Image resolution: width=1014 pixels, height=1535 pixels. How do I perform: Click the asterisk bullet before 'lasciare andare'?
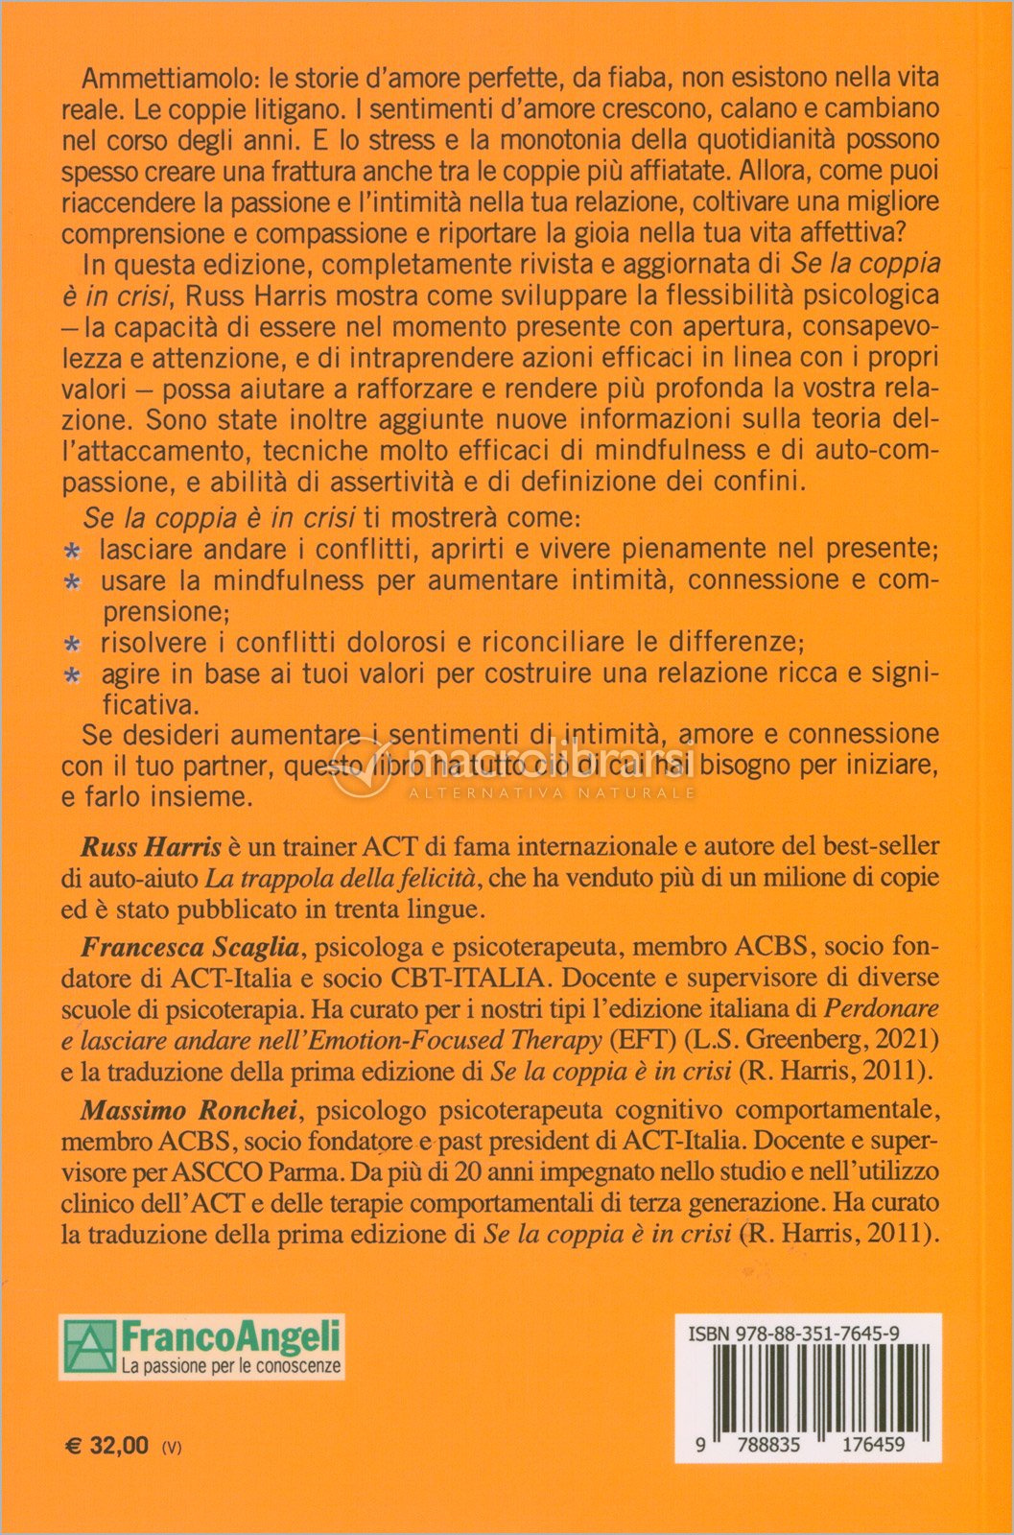point(71,552)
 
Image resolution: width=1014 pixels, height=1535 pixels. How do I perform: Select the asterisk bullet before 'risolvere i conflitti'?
point(71,644)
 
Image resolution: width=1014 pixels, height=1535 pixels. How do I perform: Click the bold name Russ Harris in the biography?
point(151,846)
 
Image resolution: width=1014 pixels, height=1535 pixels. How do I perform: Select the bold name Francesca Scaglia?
point(190,948)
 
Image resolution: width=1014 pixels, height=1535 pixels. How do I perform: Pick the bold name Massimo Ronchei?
point(190,1110)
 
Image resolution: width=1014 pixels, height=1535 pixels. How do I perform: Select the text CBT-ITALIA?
point(467,979)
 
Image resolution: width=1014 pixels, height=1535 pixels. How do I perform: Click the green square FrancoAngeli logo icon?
point(89,1347)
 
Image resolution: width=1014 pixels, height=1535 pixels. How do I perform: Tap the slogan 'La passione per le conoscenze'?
point(231,1366)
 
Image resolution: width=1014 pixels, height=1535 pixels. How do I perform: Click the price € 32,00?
point(106,1446)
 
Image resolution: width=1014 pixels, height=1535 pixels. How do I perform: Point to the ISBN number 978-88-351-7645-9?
point(794,1334)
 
